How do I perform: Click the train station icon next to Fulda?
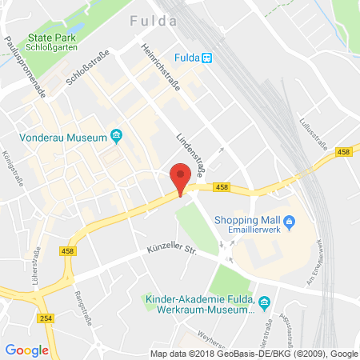click(x=206, y=57)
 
